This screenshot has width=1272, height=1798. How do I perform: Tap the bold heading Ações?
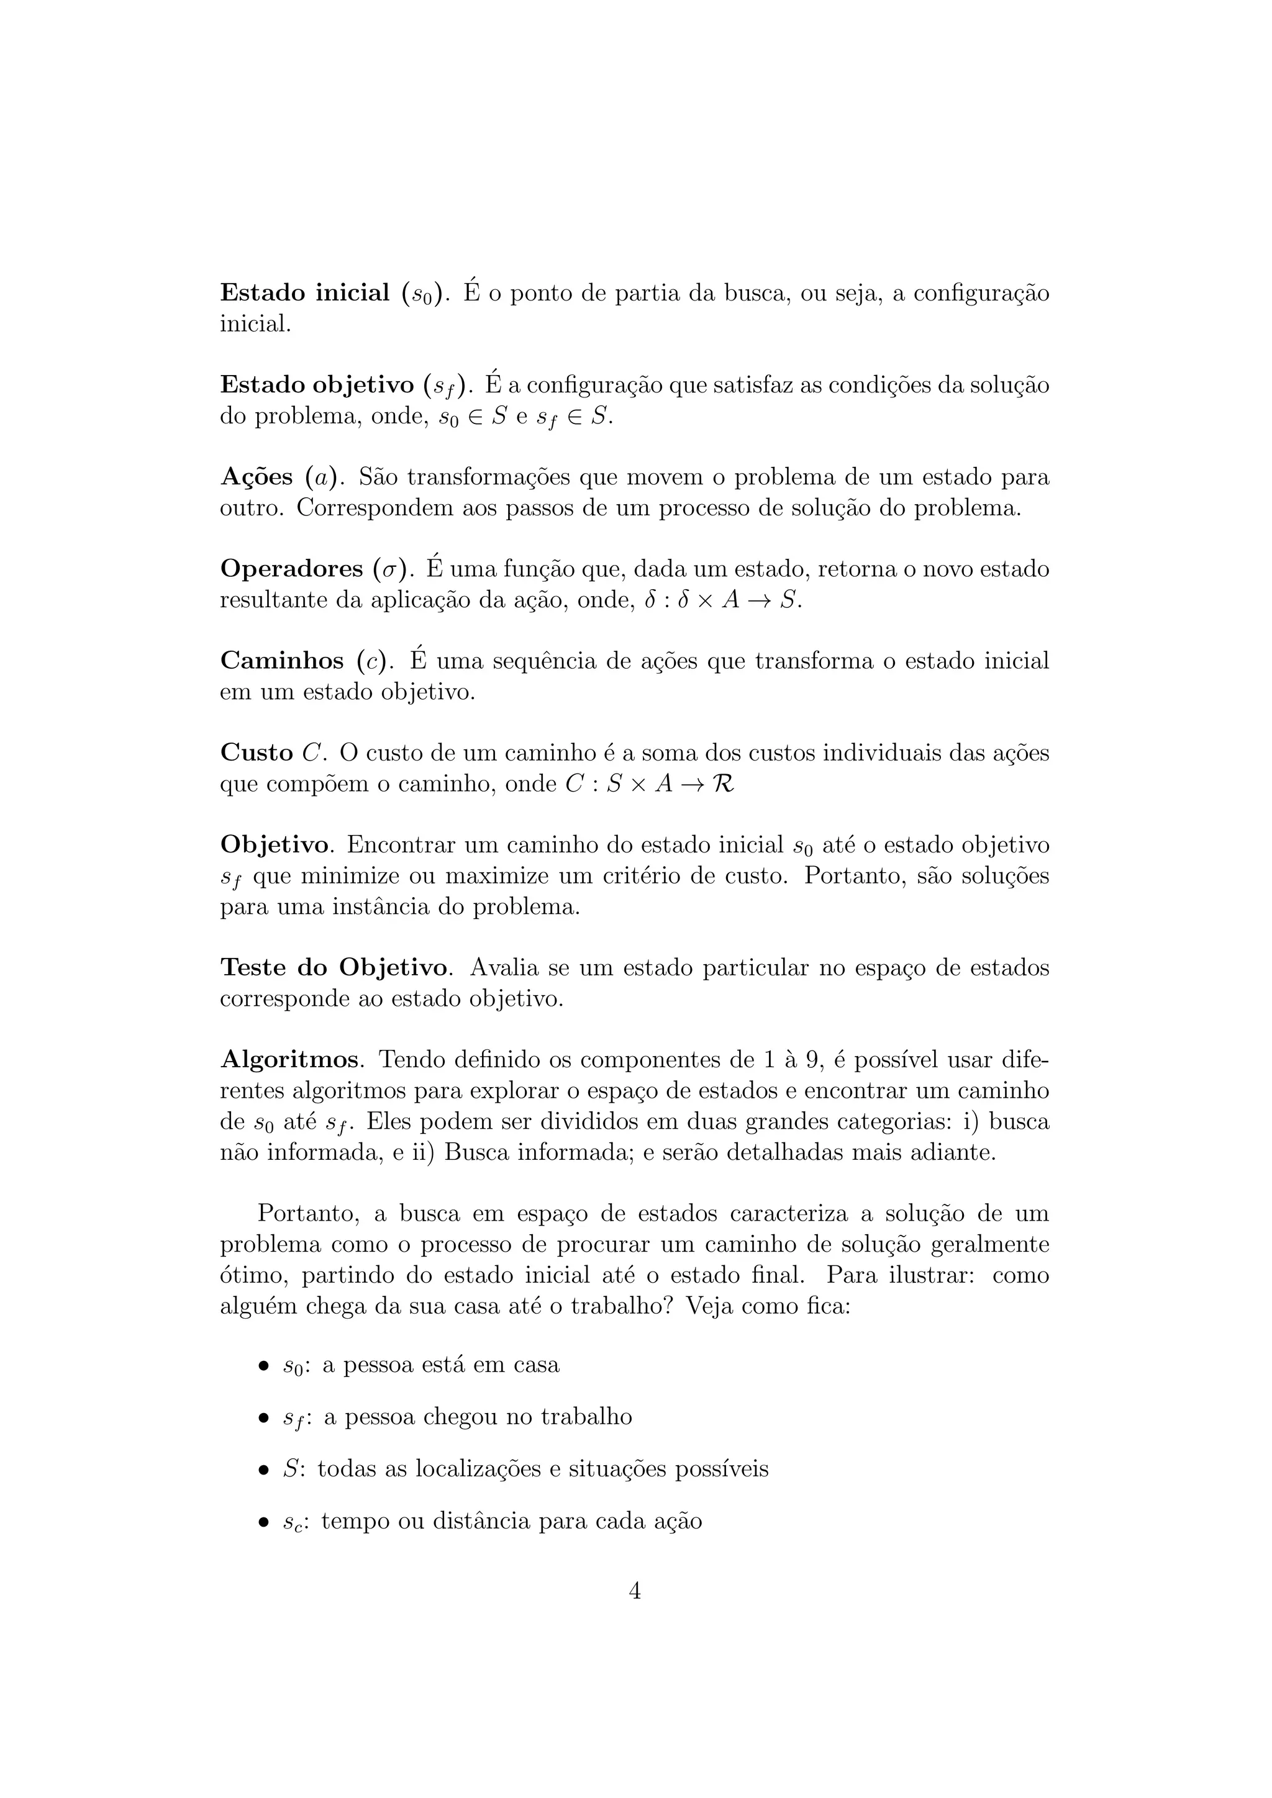(x=256, y=477)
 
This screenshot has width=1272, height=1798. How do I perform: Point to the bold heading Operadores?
(x=291, y=569)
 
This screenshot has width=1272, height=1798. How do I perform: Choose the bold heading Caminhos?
(x=282, y=661)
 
